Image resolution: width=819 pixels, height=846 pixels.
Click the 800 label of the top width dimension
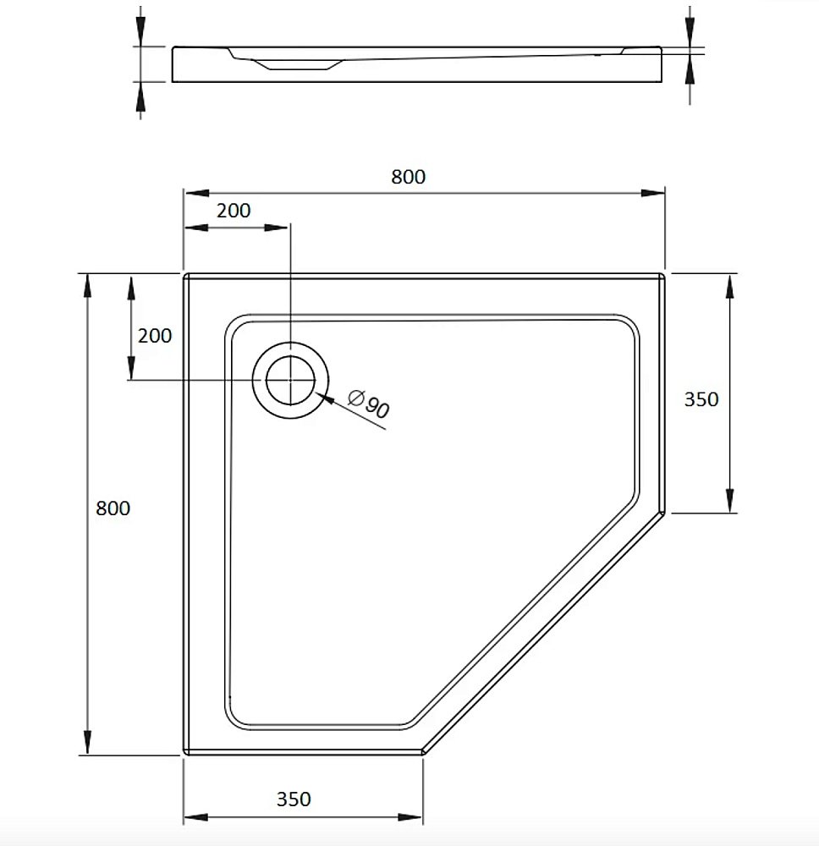click(x=408, y=177)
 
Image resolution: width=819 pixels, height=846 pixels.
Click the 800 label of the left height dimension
click(x=113, y=508)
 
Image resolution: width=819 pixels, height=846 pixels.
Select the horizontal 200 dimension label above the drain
click(x=234, y=211)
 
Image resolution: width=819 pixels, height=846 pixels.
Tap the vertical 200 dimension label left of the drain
click(x=155, y=336)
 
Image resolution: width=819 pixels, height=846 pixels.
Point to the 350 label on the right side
click(x=701, y=399)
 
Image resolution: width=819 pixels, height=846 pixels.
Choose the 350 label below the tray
click(x=294, y=799)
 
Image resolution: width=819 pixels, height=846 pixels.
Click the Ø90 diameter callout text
click(x=368, y=405)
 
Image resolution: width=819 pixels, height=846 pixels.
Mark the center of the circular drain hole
click(x=290, y=380)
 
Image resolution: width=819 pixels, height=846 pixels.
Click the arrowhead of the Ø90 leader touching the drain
click(x=321, y=393)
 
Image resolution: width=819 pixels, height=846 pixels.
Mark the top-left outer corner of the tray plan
click(x=186, y=276)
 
